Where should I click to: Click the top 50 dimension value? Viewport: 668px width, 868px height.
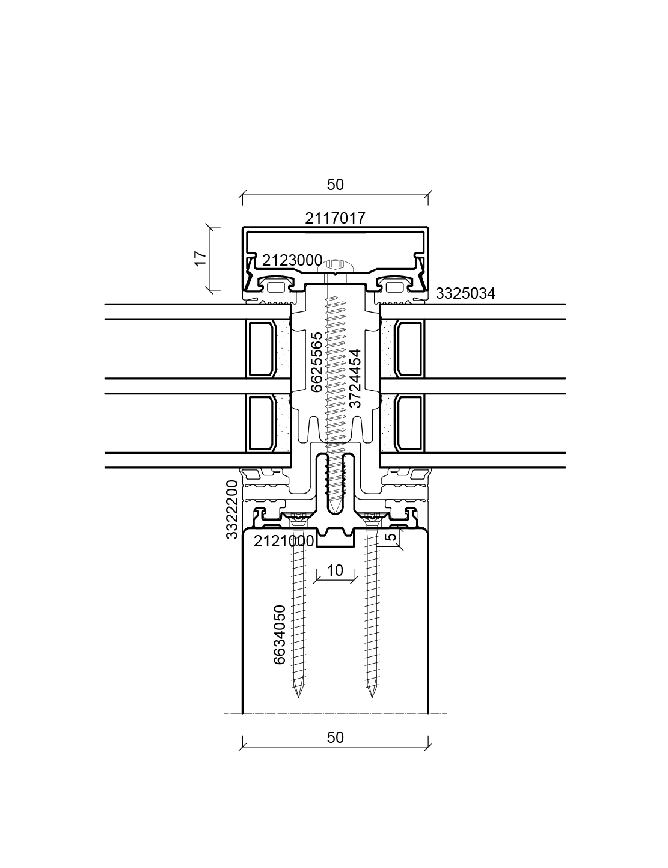point(335,185)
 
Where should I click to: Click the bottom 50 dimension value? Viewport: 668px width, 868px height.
point(335,738)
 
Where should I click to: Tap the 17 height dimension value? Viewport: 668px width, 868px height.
point(201,258)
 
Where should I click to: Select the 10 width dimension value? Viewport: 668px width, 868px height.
point(335,570)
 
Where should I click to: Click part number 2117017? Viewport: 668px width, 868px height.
point(335,218)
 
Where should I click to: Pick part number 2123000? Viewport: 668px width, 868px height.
point(292,260)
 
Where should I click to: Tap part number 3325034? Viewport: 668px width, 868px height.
point(465,293)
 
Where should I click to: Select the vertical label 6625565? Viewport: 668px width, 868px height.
point(316,362)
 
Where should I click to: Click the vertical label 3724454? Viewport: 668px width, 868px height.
point(355,378)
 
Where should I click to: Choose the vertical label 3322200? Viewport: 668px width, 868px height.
point(231,509)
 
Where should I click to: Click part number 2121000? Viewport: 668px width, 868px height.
point(284,541)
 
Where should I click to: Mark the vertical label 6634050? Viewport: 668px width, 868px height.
point(280,635)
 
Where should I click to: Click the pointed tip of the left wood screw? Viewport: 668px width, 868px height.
point(298,697)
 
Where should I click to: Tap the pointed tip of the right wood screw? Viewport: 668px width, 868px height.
point(372,697)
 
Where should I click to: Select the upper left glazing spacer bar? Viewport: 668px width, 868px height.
point(262,349)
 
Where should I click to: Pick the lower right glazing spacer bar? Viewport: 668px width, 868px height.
point(409,423)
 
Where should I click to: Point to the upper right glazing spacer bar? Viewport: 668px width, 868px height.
point(409,349)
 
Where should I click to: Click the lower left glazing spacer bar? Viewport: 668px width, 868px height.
point(262,423)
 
